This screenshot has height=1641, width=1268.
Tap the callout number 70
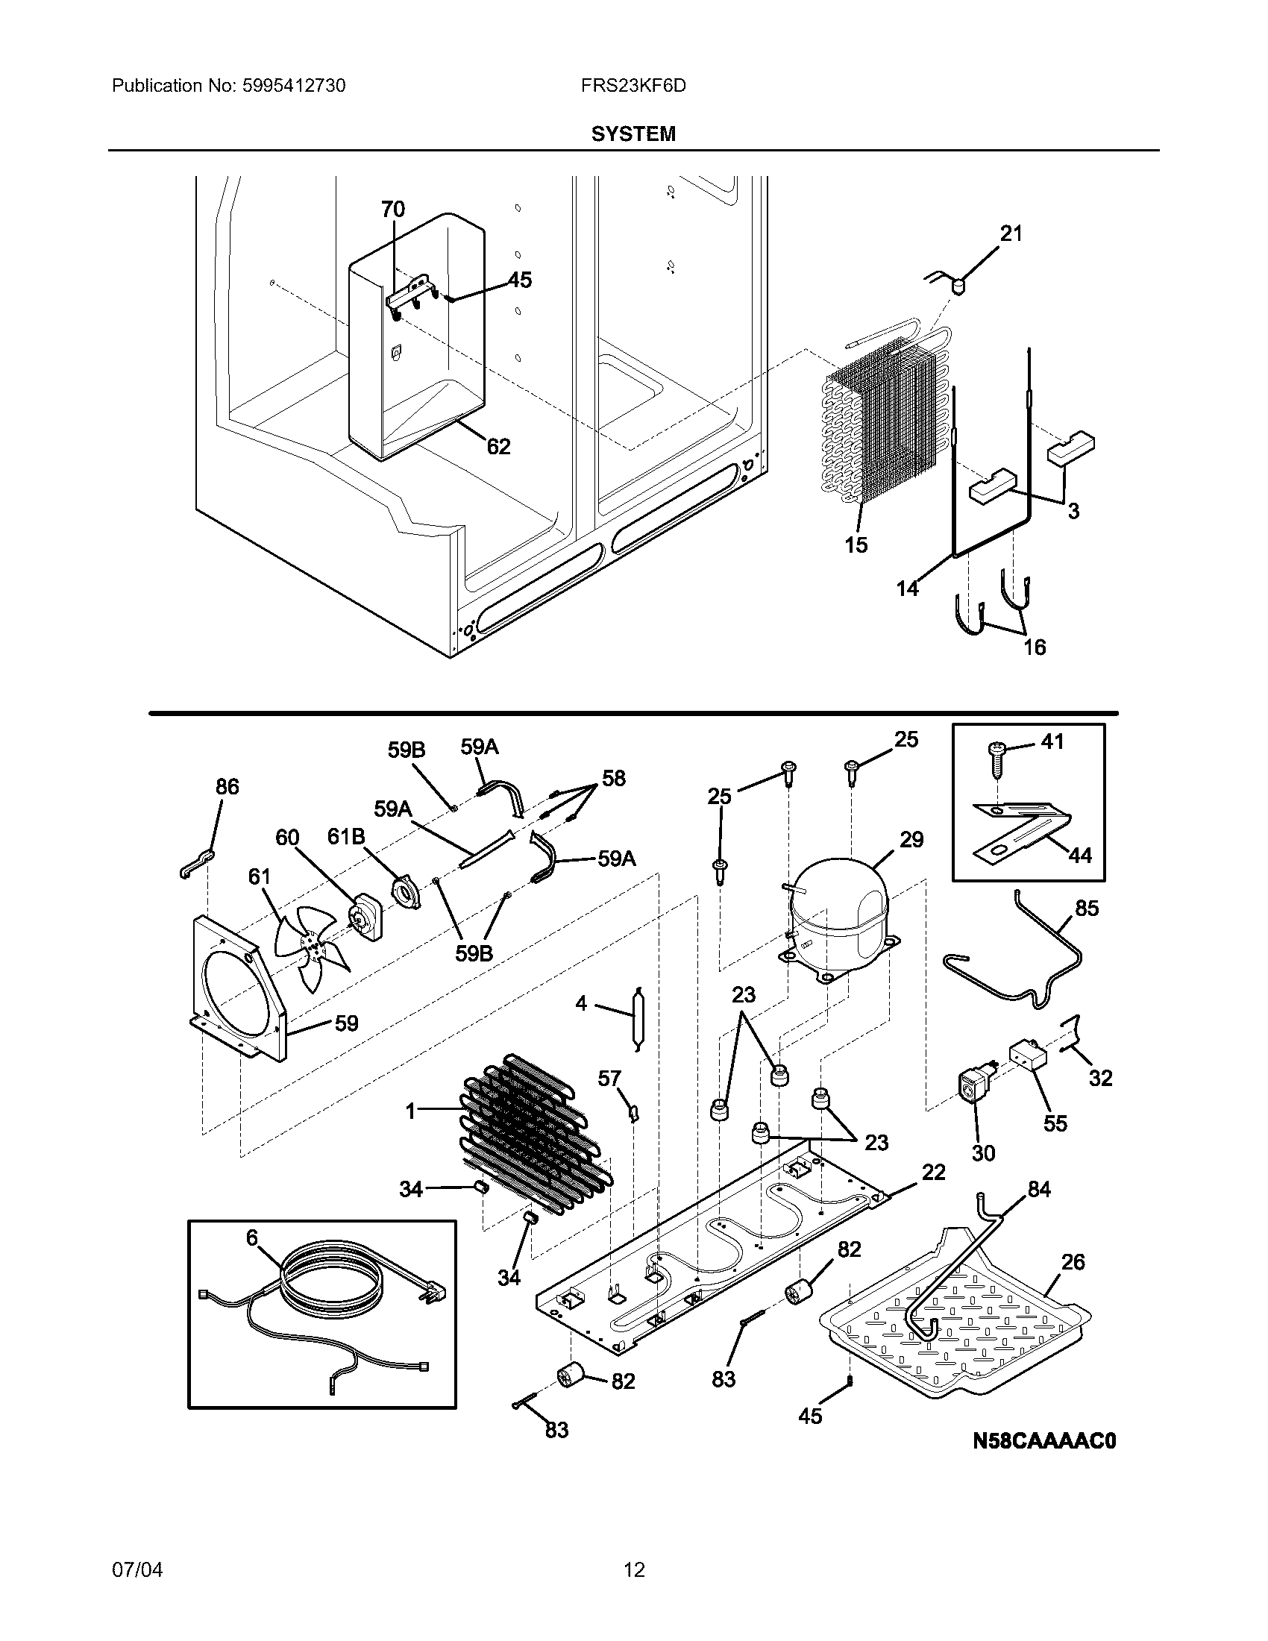(393, 210)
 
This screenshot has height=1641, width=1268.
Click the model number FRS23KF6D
(633, 86)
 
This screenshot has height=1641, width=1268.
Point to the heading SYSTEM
(633, 134)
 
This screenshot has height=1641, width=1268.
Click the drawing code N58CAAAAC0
(1044, 1440)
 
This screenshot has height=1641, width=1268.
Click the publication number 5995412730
(294, 86)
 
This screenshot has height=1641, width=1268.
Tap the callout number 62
(499, 446)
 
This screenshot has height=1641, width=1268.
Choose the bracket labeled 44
(1022, 830)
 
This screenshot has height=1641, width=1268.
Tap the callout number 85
(1087, 909)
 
